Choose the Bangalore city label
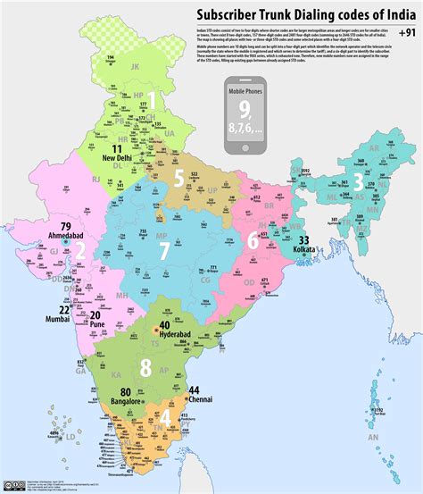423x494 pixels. coord(126,403)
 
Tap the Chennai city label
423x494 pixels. coord(194,401)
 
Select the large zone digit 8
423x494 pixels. coord(145,366)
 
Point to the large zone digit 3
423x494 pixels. coord(358,182)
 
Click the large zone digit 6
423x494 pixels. coord(253,239)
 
